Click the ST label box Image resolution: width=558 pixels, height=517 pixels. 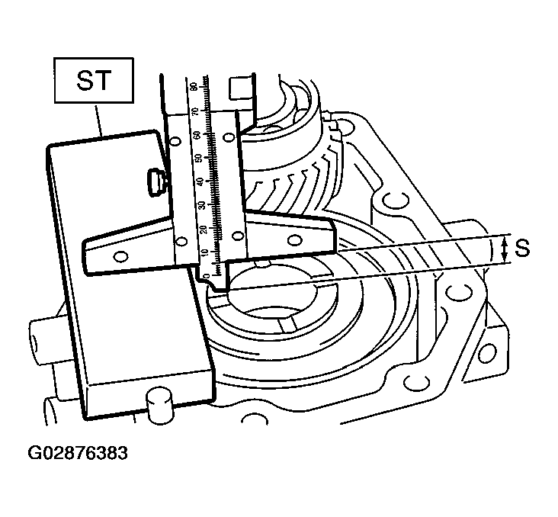click(94, 81)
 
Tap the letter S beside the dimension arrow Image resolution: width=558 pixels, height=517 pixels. click(522, 248)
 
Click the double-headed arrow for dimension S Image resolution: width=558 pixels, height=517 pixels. click(504, 249)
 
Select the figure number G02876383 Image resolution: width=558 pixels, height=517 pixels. click(78, 453)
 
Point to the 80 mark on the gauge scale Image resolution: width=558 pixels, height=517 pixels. click(194, 86)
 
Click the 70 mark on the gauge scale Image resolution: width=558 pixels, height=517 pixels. click(195, 112)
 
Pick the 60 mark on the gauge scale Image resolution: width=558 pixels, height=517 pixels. click(197, 135)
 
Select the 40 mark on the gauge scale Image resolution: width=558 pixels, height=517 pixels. click(201, 181)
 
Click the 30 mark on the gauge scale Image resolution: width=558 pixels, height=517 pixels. click(203, 205)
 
